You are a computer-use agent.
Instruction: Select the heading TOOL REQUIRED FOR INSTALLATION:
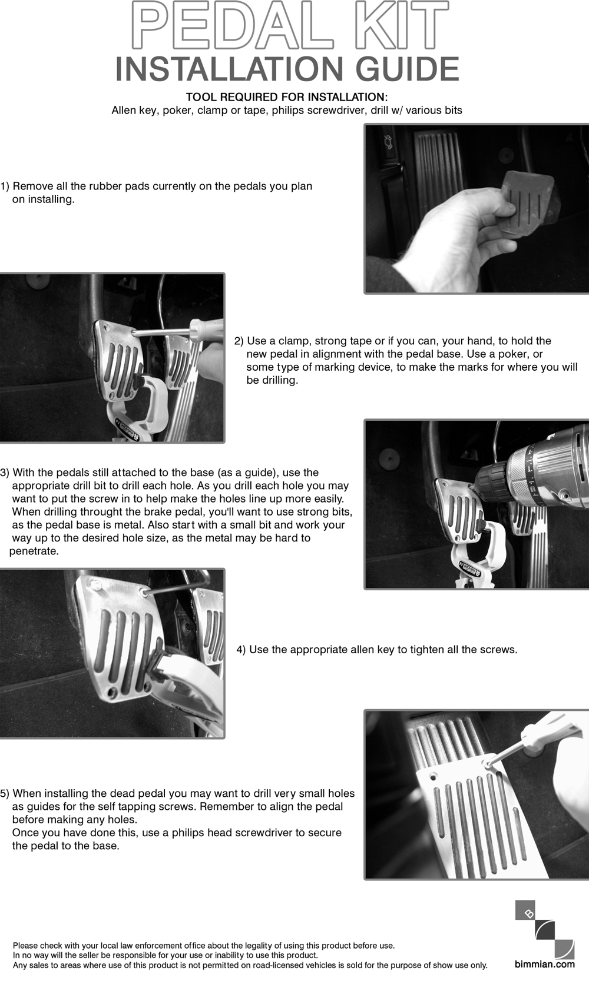pos(287,97)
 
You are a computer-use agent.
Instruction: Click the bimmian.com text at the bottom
pos(545,963)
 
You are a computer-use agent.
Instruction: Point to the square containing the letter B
pos(528,913)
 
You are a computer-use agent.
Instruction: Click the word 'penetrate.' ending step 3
pos(34,551)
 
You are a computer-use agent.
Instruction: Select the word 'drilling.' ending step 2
pos(272,380)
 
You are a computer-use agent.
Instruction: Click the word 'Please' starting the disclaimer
pos(25,946)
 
